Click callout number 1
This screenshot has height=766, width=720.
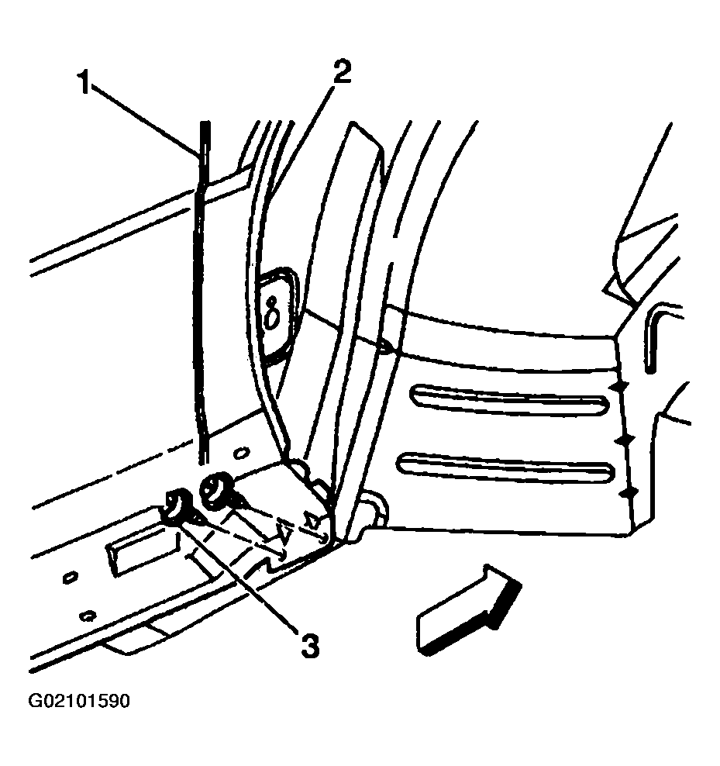coord(85,82)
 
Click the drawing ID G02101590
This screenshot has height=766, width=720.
coord(79,701)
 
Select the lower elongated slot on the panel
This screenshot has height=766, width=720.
coord(505,468)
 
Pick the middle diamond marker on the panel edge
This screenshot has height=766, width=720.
coord(625,440)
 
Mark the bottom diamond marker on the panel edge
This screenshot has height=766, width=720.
coord(629,493)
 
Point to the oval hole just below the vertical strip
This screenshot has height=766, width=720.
coord(241,454)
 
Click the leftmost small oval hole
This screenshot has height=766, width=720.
coord(71,578)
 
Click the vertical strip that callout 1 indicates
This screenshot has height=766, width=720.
coord(203,293)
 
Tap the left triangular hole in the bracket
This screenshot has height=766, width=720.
coord(282,533)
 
